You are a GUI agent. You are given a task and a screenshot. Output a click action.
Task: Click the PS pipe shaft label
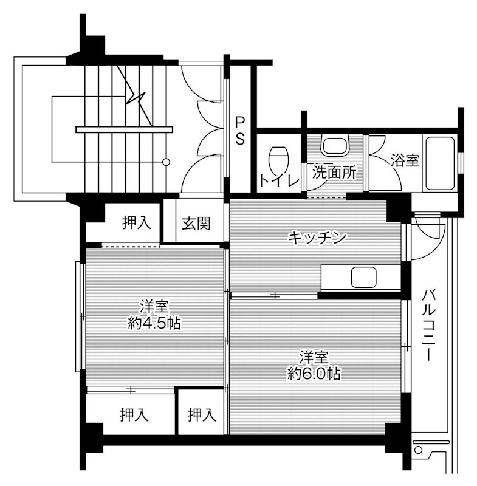[x=240, y=130]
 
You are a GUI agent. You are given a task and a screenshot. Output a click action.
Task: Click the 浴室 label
[x=405, y=161]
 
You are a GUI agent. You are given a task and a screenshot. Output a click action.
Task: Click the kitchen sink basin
[x=366, y=278]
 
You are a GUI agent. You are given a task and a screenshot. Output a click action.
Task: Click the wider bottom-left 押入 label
[x=134, y=415]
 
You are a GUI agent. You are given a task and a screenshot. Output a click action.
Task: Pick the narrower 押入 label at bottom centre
[x=202, y=415]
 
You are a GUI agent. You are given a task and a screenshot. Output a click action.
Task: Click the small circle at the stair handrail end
[x=166, y=162]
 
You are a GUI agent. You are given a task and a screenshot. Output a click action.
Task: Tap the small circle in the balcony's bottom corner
[x=417, y=450]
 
